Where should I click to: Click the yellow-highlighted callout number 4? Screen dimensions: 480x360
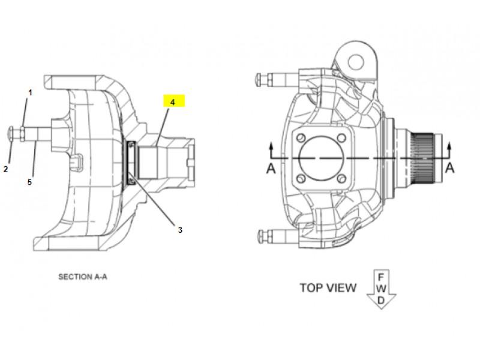point(173,102)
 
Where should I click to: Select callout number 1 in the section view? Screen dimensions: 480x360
point(30,92)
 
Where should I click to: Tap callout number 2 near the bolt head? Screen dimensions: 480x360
point(5,169)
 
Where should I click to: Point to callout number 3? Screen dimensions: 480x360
point(180,230)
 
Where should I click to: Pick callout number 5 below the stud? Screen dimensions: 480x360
point(29,182)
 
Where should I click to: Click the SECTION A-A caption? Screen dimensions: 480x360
point(83,277)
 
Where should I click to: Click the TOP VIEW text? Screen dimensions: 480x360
point(328,288)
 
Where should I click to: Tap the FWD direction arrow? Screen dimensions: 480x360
point(381,289)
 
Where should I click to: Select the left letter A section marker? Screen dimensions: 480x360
point(271,169)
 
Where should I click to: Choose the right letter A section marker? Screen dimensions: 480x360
point(449,168)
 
